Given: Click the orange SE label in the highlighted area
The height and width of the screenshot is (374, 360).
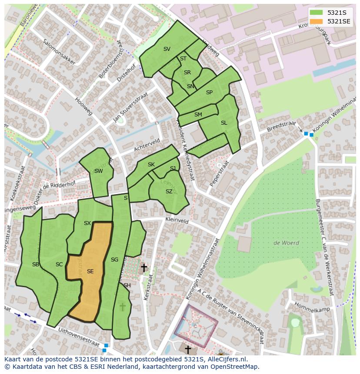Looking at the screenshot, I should [x=90, y=271].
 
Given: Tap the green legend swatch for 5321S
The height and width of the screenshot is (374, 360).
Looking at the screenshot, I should [x=316, y=13].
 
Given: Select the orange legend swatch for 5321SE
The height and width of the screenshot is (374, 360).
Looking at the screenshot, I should [x=316, y=21].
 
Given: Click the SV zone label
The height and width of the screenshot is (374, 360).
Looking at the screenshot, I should [x=167, y=49].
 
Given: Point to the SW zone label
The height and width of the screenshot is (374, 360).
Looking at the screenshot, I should [x=98, y=171].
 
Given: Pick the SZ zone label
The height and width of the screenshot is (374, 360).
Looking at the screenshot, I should [x=169, y=192].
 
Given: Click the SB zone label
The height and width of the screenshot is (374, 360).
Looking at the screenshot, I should [x=36, y=264].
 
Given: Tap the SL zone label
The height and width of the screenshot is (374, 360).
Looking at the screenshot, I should [x=223, y=123].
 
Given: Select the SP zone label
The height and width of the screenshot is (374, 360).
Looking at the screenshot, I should [x=209, y=93].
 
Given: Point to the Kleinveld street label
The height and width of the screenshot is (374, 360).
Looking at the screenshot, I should [x=177, y=221].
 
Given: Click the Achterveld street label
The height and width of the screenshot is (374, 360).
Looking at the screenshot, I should [x=147, y=145].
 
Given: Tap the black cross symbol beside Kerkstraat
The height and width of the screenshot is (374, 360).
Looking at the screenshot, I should [x=143, y=268].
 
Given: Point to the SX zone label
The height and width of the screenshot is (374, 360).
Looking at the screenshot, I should [x=87, y=223].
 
